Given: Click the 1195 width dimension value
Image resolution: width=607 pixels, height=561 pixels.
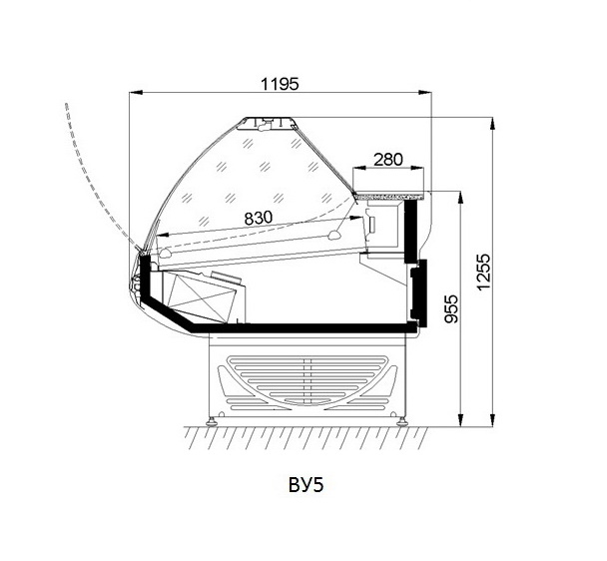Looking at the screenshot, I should [x=280, y=84].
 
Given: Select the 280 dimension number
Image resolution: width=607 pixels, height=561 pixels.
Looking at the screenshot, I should [x=390, y=158].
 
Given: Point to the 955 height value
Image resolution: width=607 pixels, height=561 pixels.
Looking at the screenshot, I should [x=450, y=310].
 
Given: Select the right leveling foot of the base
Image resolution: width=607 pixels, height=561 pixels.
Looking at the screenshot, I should [x=403, y=421].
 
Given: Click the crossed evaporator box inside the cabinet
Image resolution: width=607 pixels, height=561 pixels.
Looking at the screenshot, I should [x=205, y=296].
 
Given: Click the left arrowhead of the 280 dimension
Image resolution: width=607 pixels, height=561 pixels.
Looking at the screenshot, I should [x=358, y=169].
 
